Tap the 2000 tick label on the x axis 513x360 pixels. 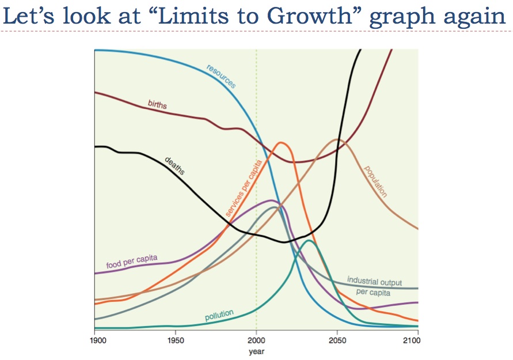[256, 340]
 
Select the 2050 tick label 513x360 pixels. [337, 340]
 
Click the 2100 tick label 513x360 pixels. [410, 340]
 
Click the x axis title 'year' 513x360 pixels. [256, 351]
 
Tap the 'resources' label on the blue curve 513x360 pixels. [221, 77]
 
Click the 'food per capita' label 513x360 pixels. [132, 262]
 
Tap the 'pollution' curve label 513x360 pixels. [219, 316]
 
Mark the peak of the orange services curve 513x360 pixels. [281, 143]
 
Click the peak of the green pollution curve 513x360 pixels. [309, 240]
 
